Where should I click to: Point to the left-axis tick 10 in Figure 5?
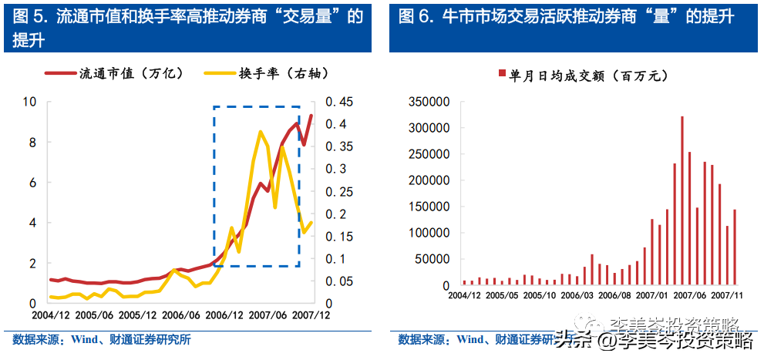(30, 102)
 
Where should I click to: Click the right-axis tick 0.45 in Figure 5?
(339, 102)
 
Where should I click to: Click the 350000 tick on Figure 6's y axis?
(428, 102)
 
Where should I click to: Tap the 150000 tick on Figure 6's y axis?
(428, 207)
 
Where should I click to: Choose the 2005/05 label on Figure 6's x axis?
(503, 294)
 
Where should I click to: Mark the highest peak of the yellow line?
(261, 132)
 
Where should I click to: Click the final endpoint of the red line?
(311, 116)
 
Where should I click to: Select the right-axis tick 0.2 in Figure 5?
(336, 214)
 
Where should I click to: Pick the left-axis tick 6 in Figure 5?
(33, 183)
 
